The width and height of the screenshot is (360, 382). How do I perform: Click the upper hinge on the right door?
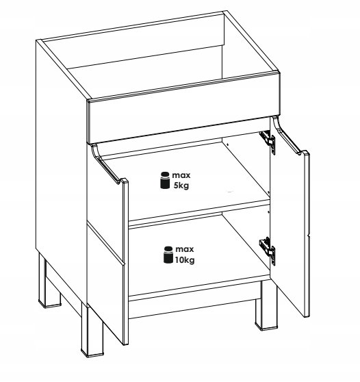coord(268,141)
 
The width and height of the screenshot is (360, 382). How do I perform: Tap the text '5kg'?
coord(181,186)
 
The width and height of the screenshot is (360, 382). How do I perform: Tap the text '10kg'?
coord(185,260)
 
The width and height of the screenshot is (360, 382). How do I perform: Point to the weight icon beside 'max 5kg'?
coord(165,180)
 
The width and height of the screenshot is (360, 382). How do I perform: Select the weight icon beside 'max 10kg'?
coord(168,255)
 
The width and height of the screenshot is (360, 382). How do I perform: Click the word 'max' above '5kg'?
coord(181,175)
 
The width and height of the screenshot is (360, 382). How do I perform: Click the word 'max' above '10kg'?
coord(184,249)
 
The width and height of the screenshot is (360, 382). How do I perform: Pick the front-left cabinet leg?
coord(92,331)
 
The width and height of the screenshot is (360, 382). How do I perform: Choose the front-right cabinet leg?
coord(266,306)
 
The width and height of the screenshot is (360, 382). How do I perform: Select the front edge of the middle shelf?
coord(199,213)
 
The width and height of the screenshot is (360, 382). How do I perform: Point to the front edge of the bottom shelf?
coord(199,288)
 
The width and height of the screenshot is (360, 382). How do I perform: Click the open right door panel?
coord(291,219)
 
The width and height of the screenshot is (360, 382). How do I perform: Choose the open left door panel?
coord(107,244)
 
